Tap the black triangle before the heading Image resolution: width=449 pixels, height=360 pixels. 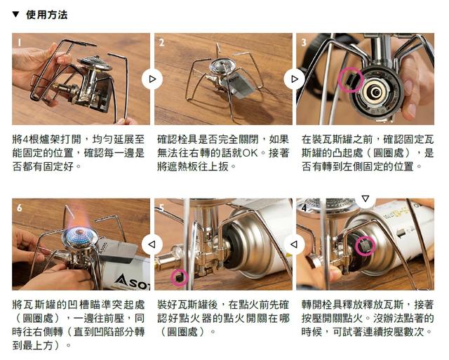pyautogui.click(x=16, y=14)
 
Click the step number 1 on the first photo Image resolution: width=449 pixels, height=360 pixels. pyautogui.click(x=20, y=41)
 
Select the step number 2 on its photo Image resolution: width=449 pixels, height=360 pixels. pyautogui.click(x=161, y=42)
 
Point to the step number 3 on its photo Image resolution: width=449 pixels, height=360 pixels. pyautogui.click(x=304, y=42)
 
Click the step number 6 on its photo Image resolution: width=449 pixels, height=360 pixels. pyautogui.click(x=20, y=208)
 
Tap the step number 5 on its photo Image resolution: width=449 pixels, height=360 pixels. pyautogui.click(x=161, y=208)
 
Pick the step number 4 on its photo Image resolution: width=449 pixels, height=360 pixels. pyautogui.click(x=304, y=208)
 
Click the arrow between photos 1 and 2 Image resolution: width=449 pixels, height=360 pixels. pyautogui.click(x=152, y=79)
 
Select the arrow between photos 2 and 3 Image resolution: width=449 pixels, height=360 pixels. pyautogui.click(x=294, y=79)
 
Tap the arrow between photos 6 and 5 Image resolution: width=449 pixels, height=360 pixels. pyautogui.click(x=152, y=244)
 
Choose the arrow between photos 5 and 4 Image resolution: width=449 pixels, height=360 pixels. pyautogui.click(x=294, y=244)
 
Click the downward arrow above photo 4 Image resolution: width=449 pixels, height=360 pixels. pyautogui.click(x=364, y=199)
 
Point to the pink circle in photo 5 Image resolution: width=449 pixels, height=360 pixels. pyautogui.click(x=179, y=277)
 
